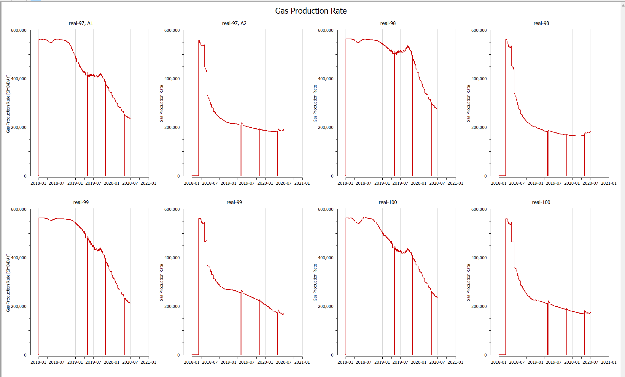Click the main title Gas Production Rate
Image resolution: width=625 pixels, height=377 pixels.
click(x=311, y=11)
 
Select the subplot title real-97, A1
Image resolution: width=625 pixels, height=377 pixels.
click(x=81, y=23)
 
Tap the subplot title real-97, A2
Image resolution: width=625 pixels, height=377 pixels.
click(x=234, y=23)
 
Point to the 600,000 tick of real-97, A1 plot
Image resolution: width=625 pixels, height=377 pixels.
click(x=19, y=30)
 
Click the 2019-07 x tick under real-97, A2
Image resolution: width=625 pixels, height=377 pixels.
click(x=246, y=183)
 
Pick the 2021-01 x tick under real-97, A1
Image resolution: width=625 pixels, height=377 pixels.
click(x=148, y=183)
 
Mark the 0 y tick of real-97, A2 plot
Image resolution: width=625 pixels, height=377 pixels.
click(x=179, y=176)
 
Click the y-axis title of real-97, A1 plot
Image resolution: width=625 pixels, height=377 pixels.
click(x=8, y=104)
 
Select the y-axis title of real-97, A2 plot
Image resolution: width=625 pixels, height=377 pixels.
click(x=161, y=104)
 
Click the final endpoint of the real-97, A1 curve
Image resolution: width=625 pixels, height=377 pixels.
click(x=130, y=119)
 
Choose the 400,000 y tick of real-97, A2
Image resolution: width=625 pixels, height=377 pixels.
click(x=172, y=79)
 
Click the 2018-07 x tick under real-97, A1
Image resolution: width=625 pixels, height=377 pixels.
click(x=56, y=183)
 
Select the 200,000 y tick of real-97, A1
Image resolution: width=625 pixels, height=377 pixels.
click(x=19, y=127)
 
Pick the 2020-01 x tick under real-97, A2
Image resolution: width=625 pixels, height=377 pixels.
click(x=265, y=183)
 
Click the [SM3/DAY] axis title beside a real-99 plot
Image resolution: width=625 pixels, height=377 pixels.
click(x=8, y=283)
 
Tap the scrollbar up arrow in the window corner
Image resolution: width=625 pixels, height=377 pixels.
click(x=623, y=5)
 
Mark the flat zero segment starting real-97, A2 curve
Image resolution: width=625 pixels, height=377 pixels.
click(x=195, y=175)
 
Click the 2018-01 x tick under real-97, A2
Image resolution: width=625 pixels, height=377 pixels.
click(x=192, y=183)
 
